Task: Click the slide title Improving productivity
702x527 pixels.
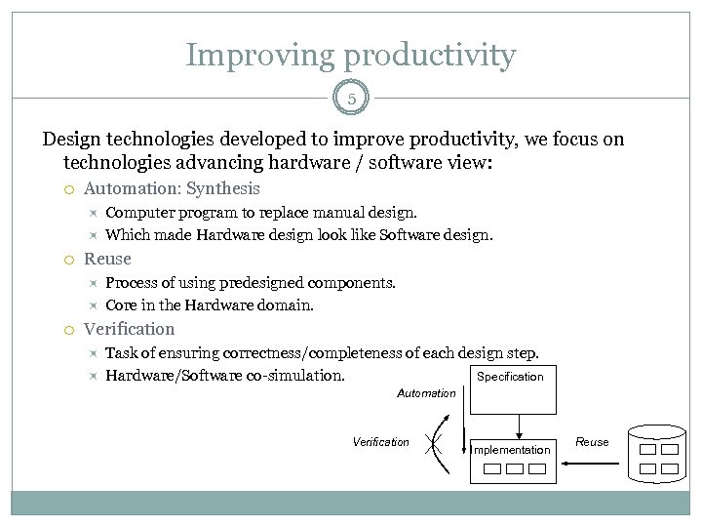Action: click(x=350, y=55)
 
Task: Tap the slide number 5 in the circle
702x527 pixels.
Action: click(x=351, y=98)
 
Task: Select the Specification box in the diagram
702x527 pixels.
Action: click(x=510, y=388)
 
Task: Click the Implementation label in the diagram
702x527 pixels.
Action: click(x=511, y=450)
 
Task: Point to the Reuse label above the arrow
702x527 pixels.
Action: click(x=592, y=442)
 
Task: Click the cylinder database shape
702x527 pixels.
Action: click(x=657, y=455)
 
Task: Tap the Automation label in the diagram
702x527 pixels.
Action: click(x=426, y=393)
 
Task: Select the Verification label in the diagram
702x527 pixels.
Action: click(x=381, y=442)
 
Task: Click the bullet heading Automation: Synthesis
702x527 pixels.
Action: click(x=173, y=188)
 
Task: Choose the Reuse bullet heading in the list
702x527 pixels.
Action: click(x=107, y=259)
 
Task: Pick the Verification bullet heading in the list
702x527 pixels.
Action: click(x=130, y=329)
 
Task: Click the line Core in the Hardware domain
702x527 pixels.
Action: click(x=210, y=305)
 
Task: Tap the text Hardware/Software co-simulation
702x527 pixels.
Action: click(x=225, y=376)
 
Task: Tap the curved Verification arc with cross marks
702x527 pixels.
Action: click(x=442, y=444)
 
